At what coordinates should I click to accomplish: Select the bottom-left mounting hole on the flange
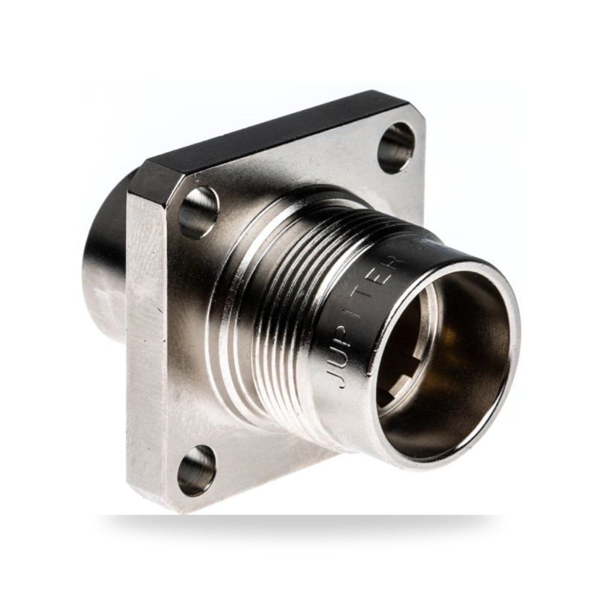[x=197, y=470]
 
